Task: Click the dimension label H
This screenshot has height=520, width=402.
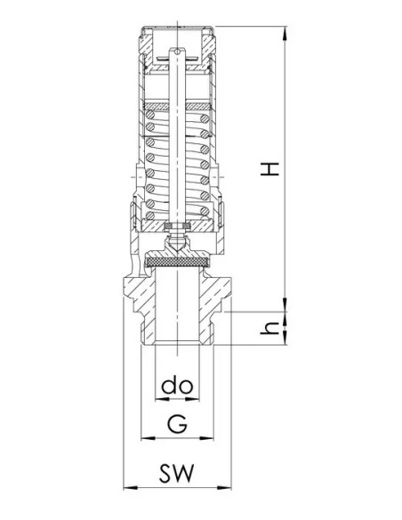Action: pos(270,169)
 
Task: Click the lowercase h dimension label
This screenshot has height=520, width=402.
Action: pos(269,329)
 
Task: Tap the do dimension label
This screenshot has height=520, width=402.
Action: pos(177,386)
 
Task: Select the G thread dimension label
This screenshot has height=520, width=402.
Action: pos(177,424)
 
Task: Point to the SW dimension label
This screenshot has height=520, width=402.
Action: pos(176,473)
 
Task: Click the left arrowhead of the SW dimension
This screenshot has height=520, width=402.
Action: pos(130,488)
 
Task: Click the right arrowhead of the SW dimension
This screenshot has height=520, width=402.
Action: pos(224,488)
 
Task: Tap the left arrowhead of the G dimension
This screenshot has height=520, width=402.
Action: pos(148,438)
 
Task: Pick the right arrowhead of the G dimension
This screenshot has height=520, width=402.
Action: pos(206,438)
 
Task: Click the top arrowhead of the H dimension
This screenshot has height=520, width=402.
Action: pos(285,33)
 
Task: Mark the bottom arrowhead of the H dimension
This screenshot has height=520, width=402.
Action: pos(285,305)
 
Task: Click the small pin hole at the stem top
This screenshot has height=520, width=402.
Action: pos(178,52)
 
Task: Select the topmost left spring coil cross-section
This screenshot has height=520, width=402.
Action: pos(150,115)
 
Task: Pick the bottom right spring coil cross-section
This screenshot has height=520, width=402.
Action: pos(205,211)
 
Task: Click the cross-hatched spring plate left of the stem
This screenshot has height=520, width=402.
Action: pos(157,107)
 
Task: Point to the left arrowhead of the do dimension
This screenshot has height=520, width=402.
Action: pos(162,399)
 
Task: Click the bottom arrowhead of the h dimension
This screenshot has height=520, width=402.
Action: pos(285,338)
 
